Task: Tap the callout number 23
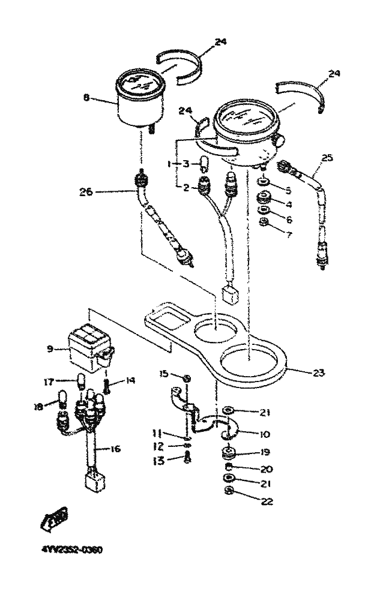point(318,372)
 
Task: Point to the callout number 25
point(327,158)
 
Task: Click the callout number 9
point(50,348)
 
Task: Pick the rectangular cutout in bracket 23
point(167,320)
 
